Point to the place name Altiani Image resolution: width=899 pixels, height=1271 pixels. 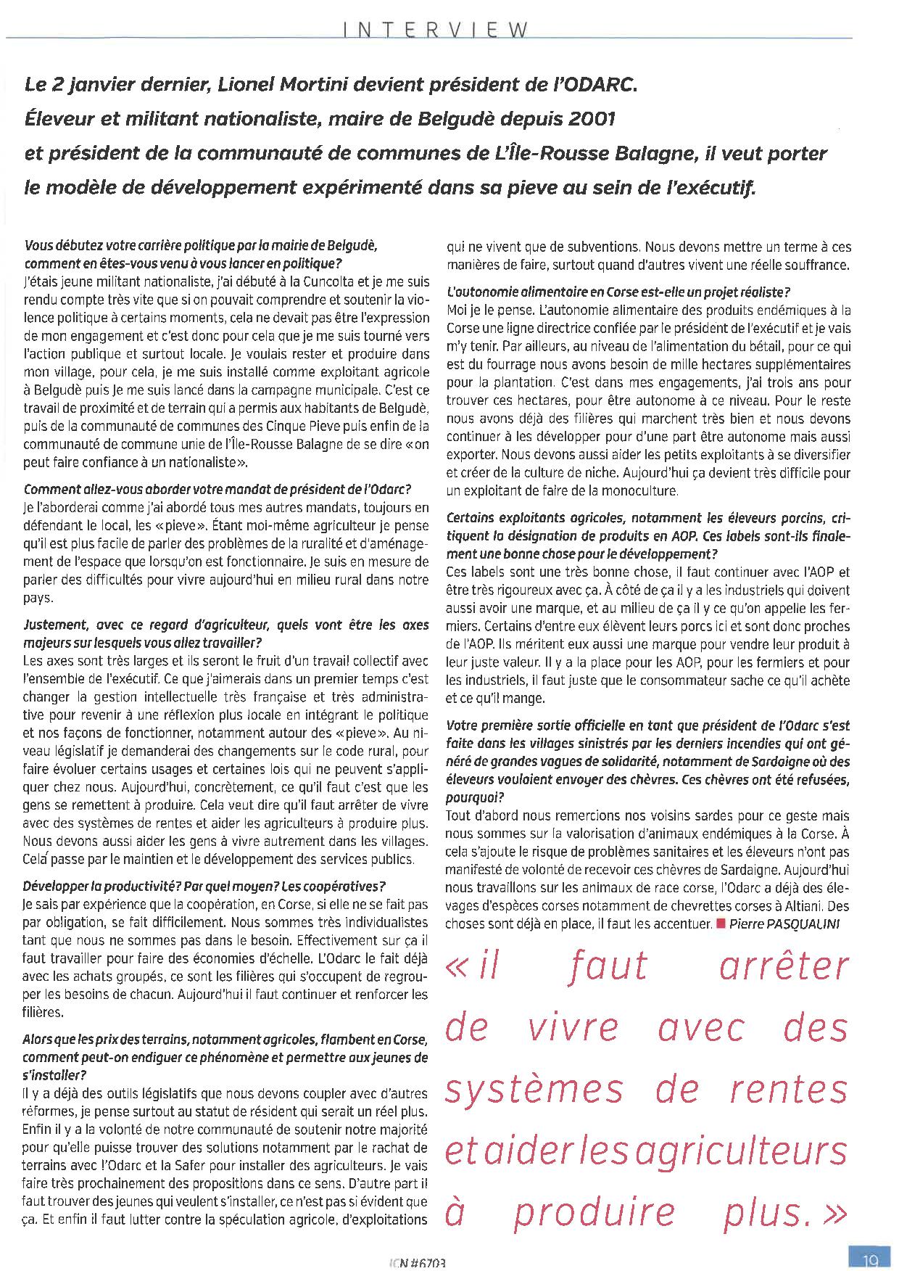(803, 906)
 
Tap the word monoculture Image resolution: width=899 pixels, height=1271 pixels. (634, 491)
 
